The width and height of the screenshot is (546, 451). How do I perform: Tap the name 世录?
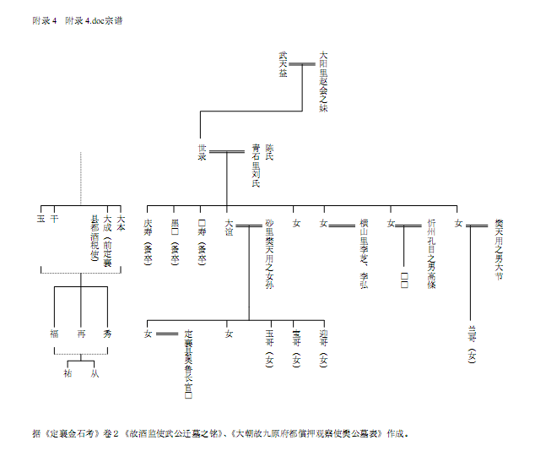[x=203, y=151]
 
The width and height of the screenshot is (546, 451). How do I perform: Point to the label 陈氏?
[x=269, y=151]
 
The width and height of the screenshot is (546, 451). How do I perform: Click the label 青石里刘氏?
[x=256, y=164]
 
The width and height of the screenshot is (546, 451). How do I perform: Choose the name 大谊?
[x=229, y=225]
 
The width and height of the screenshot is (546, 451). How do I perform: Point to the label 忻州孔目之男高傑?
[x=431, y=246]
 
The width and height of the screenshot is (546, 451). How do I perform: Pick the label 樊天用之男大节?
[x=499, y=248]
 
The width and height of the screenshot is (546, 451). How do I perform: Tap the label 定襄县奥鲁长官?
[x=188, y=363]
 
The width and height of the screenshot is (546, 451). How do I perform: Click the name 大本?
[x=121, y=223]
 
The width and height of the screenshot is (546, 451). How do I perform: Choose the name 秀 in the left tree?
[x=107, y=334]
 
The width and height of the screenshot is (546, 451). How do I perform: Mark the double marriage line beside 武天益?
[x=302, y=63]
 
